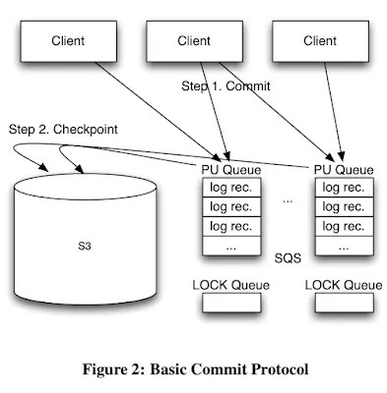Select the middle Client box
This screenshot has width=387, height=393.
[x=193, y=41]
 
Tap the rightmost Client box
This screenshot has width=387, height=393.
[x=319, y=41]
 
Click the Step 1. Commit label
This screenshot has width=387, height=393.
[x=226, y=86]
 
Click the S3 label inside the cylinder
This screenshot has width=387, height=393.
[x=86, y=244]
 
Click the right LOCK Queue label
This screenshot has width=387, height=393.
[x=344, y=285]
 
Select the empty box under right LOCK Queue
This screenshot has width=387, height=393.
[x=344, y=304]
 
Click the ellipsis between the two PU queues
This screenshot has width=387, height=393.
[x=287, y=199]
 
